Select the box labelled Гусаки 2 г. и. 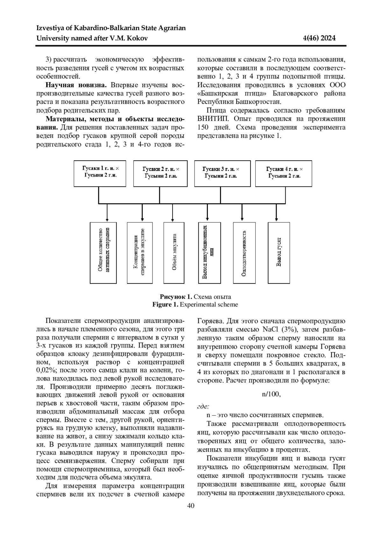(160, 173)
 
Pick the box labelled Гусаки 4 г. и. (284, 173)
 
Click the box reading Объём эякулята (174, 253)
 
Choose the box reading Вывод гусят (279, 253)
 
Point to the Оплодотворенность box (244, 253)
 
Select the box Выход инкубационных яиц (209, 253)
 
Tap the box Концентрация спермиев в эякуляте (140, 253)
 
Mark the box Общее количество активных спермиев (103, 253)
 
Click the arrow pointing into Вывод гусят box (276, 213)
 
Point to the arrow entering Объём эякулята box (173, 213)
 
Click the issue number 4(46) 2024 (320, 39)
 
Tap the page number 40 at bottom (191, 506)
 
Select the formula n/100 (271, 394)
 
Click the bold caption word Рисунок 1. (176, 297)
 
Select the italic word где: (203, 406)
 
